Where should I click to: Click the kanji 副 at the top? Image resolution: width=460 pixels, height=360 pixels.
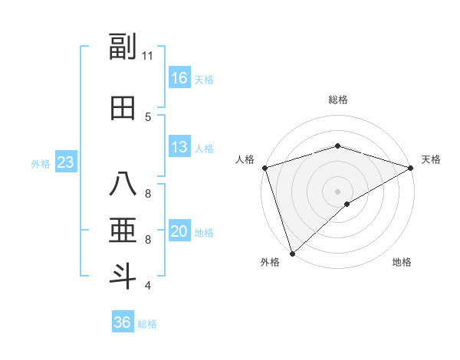point(123,47)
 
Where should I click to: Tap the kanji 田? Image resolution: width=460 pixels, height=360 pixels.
point(123,109)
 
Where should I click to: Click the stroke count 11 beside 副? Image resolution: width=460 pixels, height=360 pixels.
point(148,55)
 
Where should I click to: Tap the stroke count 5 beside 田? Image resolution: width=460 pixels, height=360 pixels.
point(148,117)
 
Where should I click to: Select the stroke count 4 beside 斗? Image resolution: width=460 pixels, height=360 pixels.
point(148,286)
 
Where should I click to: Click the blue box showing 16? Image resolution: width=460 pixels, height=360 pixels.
point(179,77)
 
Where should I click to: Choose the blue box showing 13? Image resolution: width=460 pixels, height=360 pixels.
point(179,147)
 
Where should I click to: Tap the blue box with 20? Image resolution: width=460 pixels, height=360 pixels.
point(179,231)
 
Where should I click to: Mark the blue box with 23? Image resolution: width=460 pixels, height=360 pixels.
point(65,162)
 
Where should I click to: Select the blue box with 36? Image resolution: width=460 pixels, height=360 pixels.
point(122,322)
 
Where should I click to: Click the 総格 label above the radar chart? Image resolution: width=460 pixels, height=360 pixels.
point(337,100)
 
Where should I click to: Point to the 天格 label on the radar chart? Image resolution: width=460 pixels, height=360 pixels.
point(431,159)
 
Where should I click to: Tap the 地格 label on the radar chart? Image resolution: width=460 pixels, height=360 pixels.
point(402,263)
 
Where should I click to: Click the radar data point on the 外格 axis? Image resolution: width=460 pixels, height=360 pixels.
point(291,254)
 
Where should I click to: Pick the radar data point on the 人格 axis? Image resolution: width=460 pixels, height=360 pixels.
point(264,167)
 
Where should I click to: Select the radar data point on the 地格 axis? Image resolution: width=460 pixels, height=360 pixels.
point(347,204)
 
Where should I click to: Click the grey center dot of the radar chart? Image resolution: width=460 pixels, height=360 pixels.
point(337,191)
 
